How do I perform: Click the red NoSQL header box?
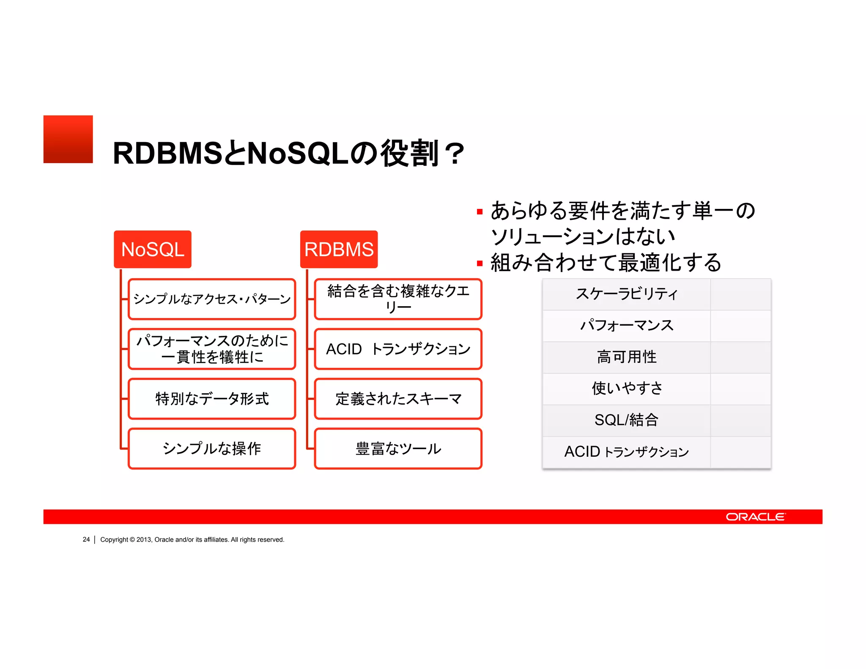tap(153, 249)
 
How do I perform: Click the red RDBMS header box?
tap(339, 249)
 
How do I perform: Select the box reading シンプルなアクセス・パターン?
tap(212, 299)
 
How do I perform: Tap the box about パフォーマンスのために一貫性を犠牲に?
tap(212, 349)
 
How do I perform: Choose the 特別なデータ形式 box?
tap(212, 399)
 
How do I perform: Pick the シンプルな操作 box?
tap(212, 449)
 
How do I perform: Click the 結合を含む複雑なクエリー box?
tap(398, 299)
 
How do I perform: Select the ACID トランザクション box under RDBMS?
tap(398, 349)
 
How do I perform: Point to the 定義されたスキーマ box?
tap(398, 399)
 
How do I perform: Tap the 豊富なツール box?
tap(398, 449)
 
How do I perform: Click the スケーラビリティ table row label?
tap(626, 294)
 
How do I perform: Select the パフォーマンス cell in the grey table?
tap(626, 325)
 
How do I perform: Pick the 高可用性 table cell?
tap(626, 357)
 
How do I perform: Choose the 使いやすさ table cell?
tap(626, 388)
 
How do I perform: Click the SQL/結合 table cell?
tap(626, 420)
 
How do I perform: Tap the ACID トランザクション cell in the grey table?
tap(626, 452)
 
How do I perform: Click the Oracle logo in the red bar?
tap(755, 517)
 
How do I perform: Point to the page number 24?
tap(86, 540)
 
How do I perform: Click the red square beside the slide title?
tap(68, 139)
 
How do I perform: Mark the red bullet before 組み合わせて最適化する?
tap(480, 263)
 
